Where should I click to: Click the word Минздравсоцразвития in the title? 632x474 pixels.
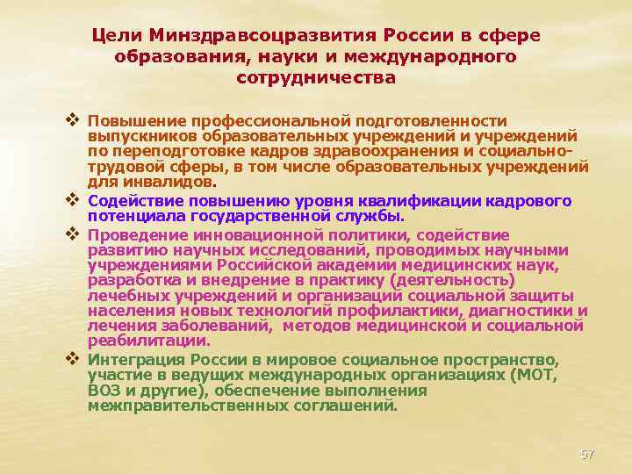pos(264,34)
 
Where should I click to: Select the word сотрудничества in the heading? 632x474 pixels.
pos(316,77)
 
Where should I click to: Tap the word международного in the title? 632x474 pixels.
pos(436,56)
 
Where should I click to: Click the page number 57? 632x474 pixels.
pos(587,454)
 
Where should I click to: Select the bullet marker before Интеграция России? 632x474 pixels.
pos(73,361)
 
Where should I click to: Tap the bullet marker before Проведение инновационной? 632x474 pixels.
pos(73,234)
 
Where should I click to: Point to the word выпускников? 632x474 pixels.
pos(142,136)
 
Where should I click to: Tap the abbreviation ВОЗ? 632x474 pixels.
pos(104,391)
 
